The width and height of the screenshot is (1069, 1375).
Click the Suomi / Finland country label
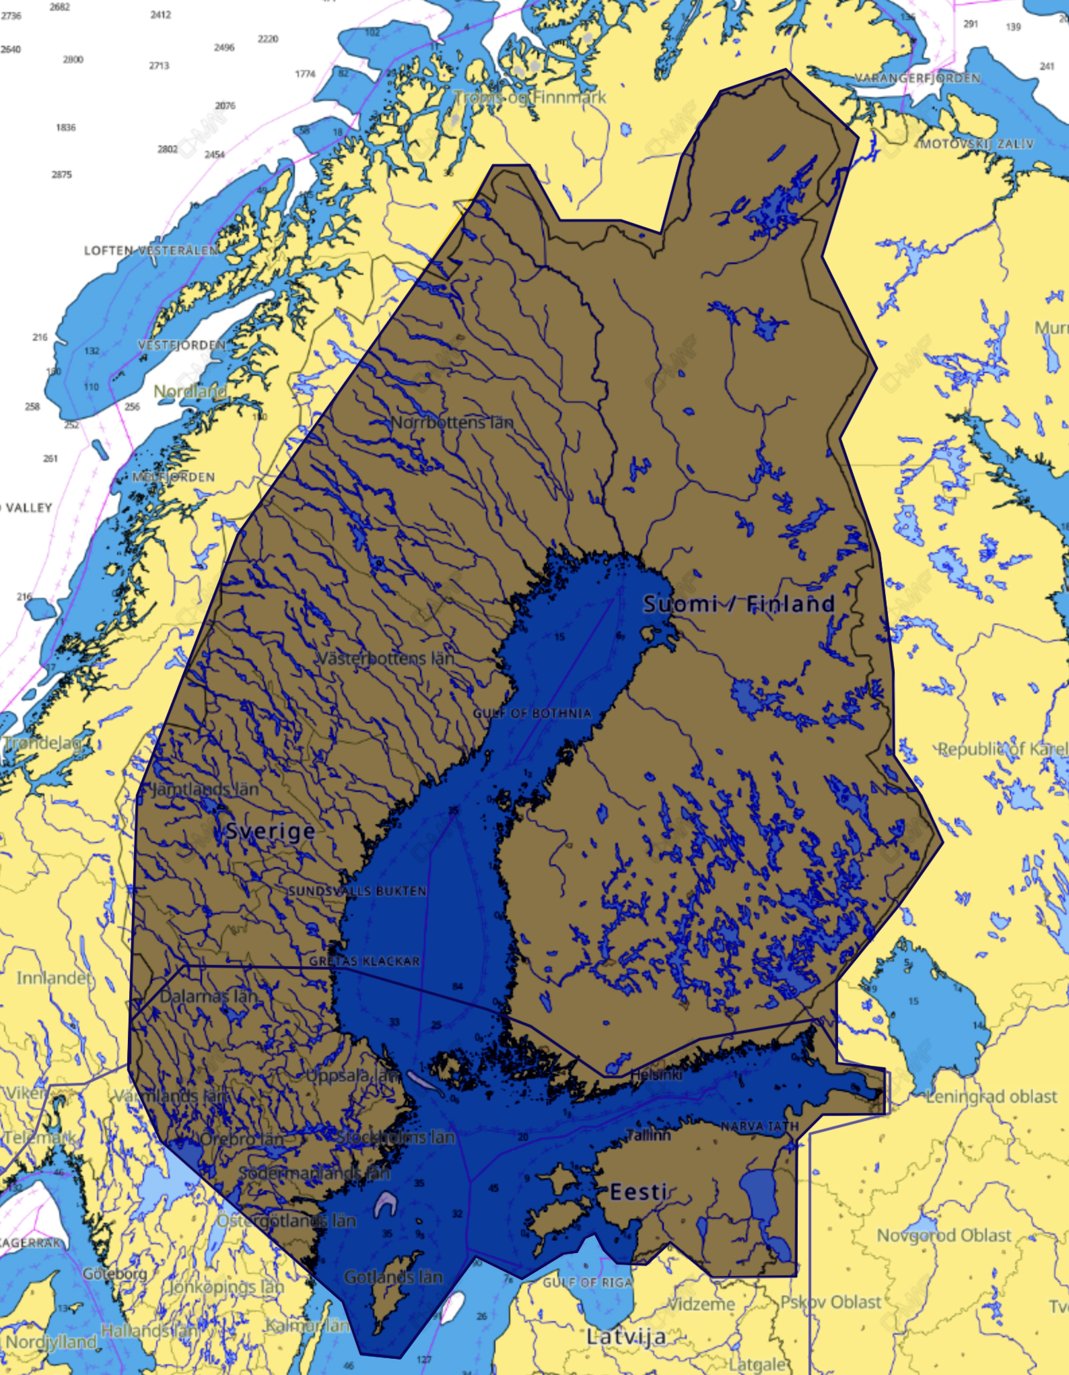coord(738,603)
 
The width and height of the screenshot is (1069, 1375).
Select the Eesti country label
coord(638,1192)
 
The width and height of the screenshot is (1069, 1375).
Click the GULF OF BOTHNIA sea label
coord(532,713)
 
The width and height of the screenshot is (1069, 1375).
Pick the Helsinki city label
coord(656,1075)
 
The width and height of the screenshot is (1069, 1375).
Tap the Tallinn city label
coord(648,1135)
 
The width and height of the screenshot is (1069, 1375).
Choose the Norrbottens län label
coord(452,423)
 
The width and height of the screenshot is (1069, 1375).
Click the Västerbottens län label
coord(385,658)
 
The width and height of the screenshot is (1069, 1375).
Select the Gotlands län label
coord(393,1277)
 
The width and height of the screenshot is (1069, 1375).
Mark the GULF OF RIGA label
coord(588,1282)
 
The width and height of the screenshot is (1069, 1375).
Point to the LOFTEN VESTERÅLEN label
coord(151,250)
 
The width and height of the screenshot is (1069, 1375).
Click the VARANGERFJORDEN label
coord(918,78)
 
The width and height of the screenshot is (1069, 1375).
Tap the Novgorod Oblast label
coord(944,1235)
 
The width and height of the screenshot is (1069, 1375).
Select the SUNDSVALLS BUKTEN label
coord(357,891)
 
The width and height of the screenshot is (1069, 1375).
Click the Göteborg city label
coord(114,1274)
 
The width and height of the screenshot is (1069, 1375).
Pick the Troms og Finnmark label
coord(530,98)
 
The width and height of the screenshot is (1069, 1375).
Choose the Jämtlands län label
coord(205,789)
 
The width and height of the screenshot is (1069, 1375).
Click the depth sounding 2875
coord(61,174)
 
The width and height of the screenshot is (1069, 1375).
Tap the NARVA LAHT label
coord(759,1126)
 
